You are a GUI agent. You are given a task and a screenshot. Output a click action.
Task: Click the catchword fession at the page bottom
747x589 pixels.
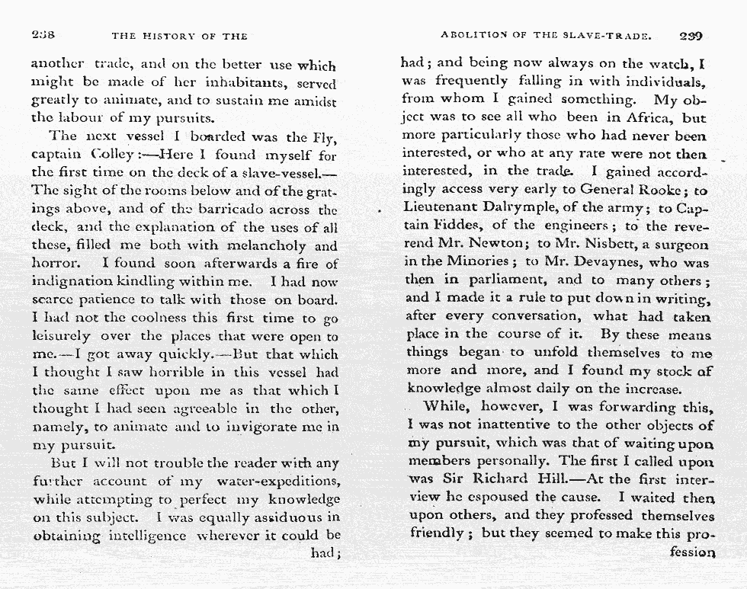[691, 552]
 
